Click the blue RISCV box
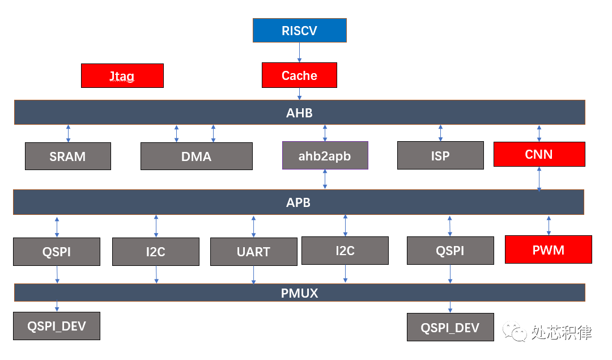tap(299, 31)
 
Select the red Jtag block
tap(122, 75)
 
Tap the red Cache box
tap(299, 75)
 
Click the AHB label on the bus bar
tap(299, 112)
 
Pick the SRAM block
tap(67, 156)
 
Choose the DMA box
tap(196, 156)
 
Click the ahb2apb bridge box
tap(325, 156)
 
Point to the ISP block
tap(440, 155)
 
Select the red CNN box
tap(539, 154)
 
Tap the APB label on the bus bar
tap(299, 202)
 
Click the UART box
tap(253, 252)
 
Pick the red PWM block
tap(548, 249)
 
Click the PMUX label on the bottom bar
tap(299, 293)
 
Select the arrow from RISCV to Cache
tap(299, 53)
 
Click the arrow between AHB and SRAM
tap(68, 134)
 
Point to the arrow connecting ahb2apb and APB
tap(325, 179)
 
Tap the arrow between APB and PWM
tap(549, 225)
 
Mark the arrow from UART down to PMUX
tap(253, 275)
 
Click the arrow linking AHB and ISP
tap(440, 133)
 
